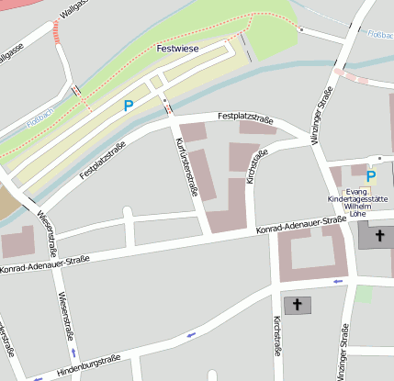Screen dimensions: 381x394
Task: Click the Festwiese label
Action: point(177,48)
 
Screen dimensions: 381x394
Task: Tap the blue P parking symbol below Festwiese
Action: point(129,106)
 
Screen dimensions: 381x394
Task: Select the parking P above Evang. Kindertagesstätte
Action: point(371,175)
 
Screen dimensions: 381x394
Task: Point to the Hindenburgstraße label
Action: point(90,363)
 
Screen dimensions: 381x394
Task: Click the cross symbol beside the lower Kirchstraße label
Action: point(295,304)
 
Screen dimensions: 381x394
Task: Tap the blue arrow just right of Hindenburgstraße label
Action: point(191,335)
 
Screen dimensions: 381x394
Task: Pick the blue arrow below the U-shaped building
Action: point(337,281)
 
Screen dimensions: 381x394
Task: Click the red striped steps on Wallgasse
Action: point(58,34)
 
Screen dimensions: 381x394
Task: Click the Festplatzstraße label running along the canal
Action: point(102,161)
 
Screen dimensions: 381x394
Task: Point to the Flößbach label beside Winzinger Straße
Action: point(379,35)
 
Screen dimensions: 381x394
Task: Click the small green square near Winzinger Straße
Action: point(365,295)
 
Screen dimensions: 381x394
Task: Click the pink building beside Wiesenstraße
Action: point(17,244)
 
